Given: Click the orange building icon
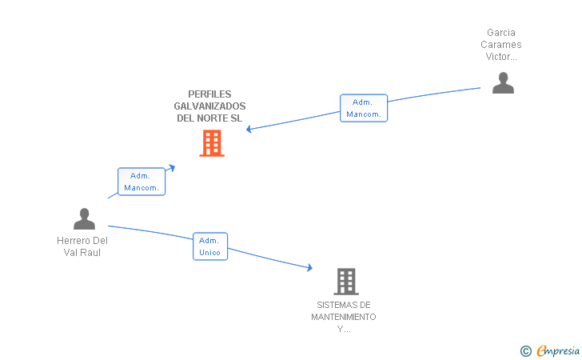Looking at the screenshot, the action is pyautogui.click(x=211, y=143).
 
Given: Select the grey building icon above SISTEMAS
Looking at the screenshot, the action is pyautogui.click(x=345, y=281).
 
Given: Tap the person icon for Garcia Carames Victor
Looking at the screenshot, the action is pyautogui.click(x=503, y=83).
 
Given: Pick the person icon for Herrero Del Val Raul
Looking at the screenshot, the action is pyautogui.click(x=84, y=218).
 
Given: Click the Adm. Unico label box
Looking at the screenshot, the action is pyautogui.click(x=210, y=246).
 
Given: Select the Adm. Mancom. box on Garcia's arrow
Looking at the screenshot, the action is pyautogui.click(x=363, y=108).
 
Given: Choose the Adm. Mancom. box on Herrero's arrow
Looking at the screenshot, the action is pyautogui.click(x=142, y=182).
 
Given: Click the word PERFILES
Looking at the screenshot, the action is pyautogui.click(x=209, y=94).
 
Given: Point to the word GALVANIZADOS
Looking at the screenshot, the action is pyautogui.click(x=209, y=106).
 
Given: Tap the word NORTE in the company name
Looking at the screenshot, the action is pyautogui.click(x=212, y=118).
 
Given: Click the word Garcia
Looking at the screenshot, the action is pyautogui.click(x=500, y=33).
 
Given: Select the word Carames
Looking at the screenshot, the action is pyautogui.click(x=500, y=45).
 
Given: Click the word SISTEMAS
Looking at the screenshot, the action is pyautogui.click(x=344, y=305).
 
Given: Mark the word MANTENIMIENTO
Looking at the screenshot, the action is pyautogui.click(x=344, y=317).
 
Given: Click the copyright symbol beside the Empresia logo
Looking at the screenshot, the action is pyautogui.click(x=525, y=350).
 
